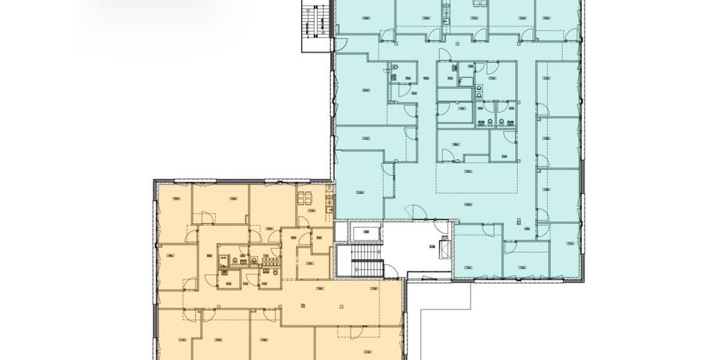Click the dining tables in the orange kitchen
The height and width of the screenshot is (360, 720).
(305, 197)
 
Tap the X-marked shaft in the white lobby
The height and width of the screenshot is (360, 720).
(445, 247)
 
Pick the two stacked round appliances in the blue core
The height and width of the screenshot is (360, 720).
(478, 90)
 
